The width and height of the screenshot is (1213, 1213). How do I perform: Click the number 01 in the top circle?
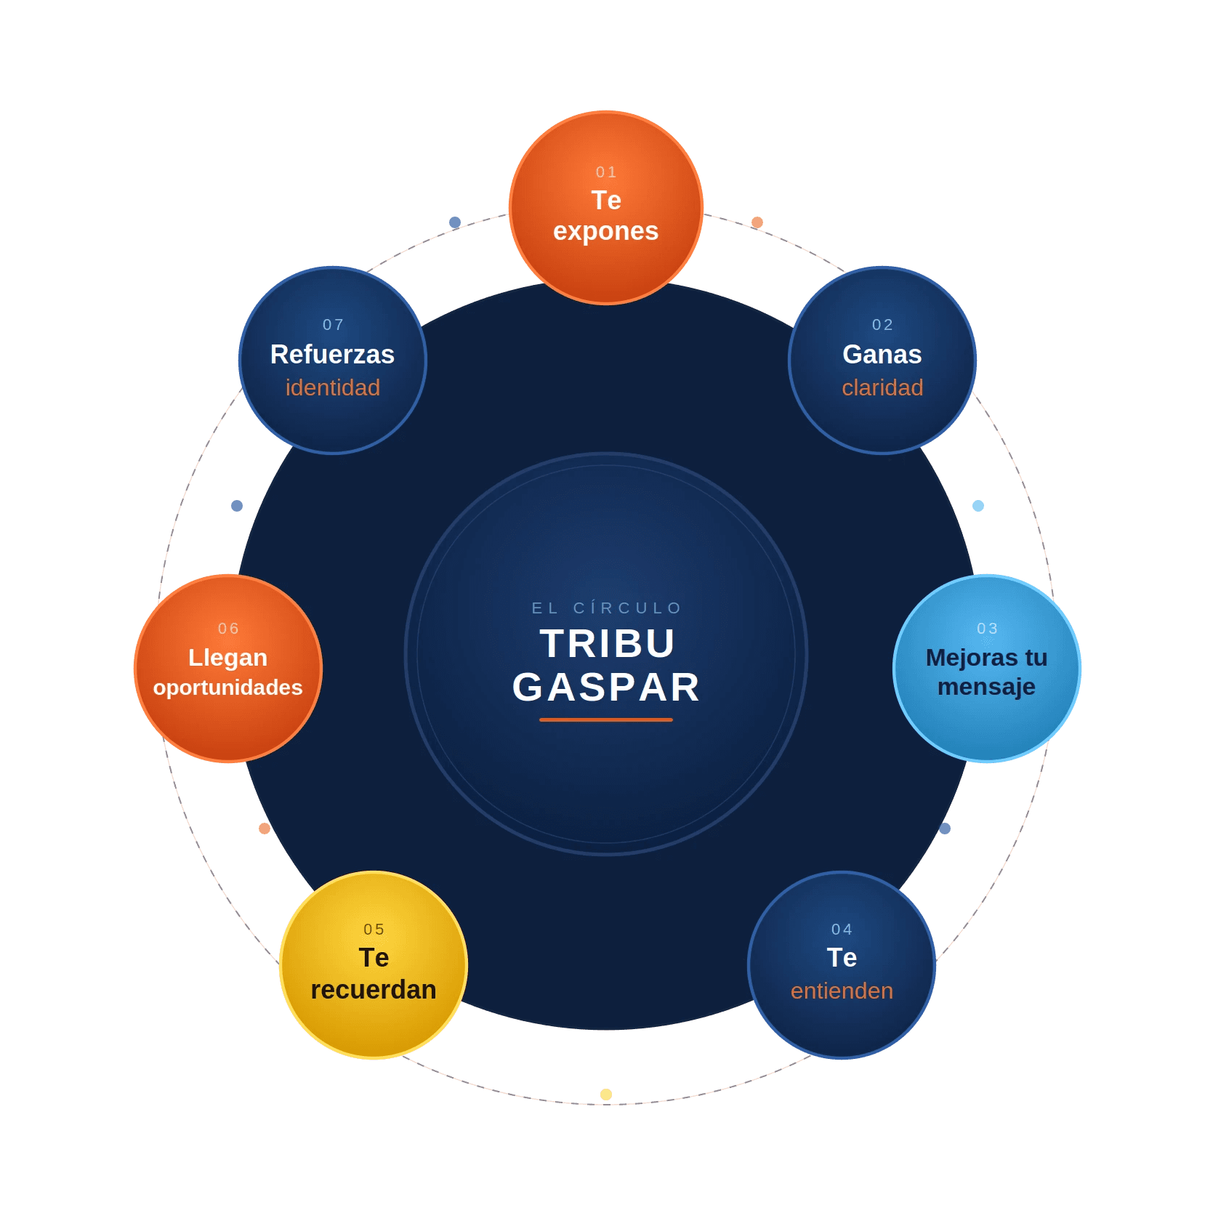[606, 172]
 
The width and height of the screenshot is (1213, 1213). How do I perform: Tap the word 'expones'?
[606, 231]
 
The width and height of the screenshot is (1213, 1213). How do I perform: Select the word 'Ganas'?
[882, 355]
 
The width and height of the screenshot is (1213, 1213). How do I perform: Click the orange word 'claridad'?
[882, 387]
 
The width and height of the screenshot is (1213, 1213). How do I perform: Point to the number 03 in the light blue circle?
[987, 629]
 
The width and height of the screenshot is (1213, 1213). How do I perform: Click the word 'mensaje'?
[986, 687]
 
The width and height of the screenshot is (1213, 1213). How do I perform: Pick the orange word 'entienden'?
[842, 991]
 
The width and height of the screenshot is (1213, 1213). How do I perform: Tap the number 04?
[842, 930]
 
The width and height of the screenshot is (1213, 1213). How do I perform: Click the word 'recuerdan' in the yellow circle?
[374, 990]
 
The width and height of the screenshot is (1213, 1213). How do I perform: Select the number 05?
[374, 930]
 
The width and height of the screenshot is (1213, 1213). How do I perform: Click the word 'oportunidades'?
[227, 688]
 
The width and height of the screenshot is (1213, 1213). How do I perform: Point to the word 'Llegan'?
[227, 658]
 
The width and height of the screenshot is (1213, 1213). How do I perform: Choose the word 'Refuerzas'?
[332, 355]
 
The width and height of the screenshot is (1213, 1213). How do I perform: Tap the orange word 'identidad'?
[332, 387]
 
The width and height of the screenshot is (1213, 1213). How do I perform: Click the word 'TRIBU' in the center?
[607, 644]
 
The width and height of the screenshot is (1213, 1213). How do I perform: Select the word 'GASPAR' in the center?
[606, 688]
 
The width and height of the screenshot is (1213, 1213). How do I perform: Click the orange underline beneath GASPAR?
[606, 720]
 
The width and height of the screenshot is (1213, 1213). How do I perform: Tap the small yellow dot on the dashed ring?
[606, 1095]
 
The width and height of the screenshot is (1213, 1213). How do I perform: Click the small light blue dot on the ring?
[978, 506]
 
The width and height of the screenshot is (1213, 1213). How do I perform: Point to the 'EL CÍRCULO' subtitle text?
[606, 608]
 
